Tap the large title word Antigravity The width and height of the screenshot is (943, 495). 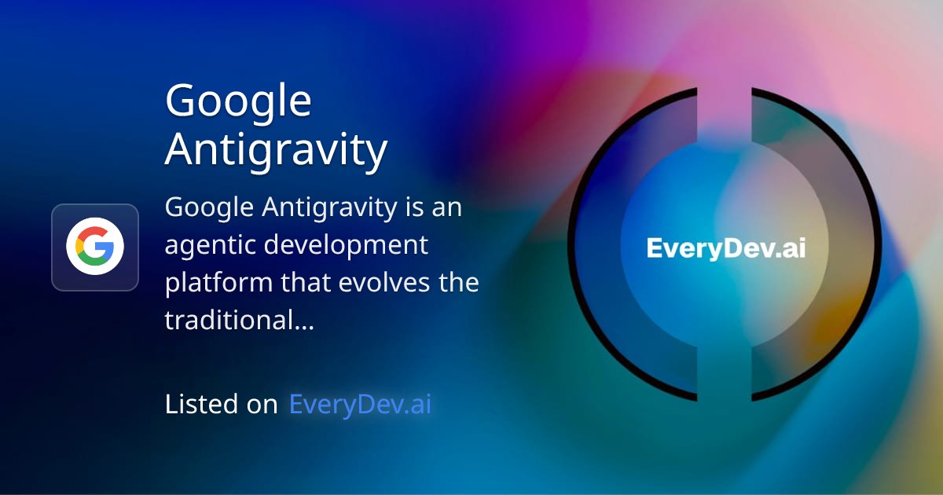(x=276, y=149)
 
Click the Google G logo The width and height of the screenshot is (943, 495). (x=95, y=247)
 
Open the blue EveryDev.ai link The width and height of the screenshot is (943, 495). (x=360, y=404)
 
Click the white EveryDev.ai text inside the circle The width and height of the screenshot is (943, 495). (x=725, y=248)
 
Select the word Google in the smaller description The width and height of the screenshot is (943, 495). (x=210, y=209)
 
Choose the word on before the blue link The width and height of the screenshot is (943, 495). (x=264, y=404)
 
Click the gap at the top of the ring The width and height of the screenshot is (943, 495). (x=725, y=93)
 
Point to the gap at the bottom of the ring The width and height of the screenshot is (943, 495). (x=725, y=398)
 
